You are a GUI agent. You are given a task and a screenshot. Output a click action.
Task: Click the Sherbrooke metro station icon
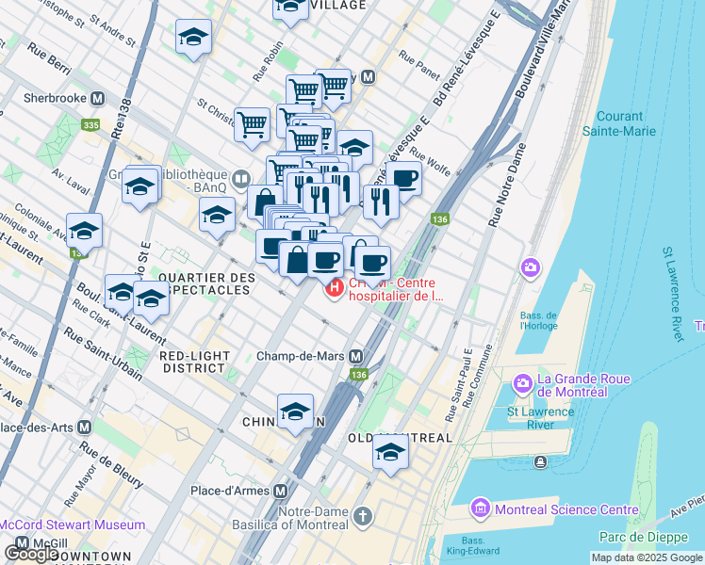tap(98, 98)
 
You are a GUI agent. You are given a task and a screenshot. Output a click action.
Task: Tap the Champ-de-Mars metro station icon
tap(356, 357)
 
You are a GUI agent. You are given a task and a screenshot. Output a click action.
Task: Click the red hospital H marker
tap(333, 288)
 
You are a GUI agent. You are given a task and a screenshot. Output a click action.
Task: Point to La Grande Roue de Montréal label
tap(582, 380)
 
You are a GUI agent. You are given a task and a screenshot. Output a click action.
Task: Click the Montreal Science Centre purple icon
tap(480, 509)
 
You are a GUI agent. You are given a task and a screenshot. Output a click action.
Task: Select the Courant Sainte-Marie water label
tap(618, 123)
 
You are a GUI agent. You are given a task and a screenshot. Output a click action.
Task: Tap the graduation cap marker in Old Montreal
tap(390, 453)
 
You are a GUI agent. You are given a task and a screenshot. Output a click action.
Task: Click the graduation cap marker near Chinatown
tap(295, 412)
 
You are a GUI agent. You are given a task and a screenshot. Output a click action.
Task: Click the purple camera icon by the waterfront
tap(531, 268)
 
